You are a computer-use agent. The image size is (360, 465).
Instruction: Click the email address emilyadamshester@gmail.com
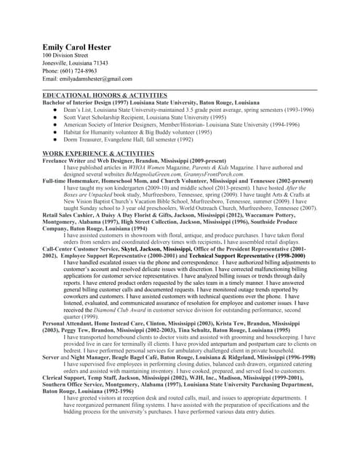click(x=95, y=78)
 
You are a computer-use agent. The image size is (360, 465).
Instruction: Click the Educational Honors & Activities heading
click(x=105, y=95)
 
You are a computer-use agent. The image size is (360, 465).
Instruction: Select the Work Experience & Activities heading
click(x=98, y=154)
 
